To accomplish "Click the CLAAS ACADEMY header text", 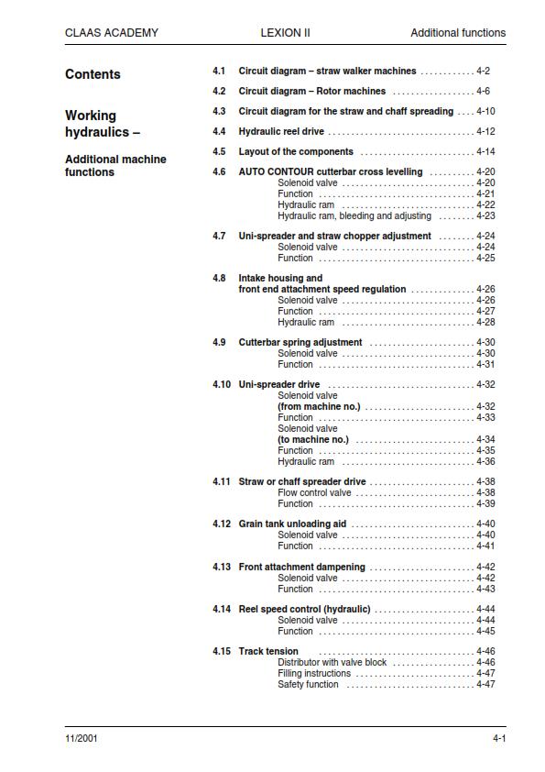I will tap(111, 33).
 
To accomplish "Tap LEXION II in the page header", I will tap(285, 33).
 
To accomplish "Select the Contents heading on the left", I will tap(93, 74).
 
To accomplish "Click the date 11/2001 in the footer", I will tap(82, 739).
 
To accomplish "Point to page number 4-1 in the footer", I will tap(499, 739).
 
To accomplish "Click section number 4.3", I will tap(219, 112).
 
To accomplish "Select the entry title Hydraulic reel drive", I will tap(281, 132).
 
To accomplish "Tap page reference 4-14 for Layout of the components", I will tap(485, 152).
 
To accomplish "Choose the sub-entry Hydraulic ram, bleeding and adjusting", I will tap(354, 216).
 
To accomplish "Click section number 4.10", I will tap(222, 385).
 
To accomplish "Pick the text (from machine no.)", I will tap(319, 407).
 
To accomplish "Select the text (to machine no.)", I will tap(313, 440).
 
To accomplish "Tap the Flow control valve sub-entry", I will tap(314, 493).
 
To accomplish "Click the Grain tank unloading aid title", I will tap(292, 524).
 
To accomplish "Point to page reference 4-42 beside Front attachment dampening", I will tap(485, 568).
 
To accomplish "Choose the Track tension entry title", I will tap(268, 652).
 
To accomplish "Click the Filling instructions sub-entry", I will tap(314, 674).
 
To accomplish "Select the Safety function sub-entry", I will tap(308, 685).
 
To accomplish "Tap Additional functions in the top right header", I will tap(458, 33).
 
